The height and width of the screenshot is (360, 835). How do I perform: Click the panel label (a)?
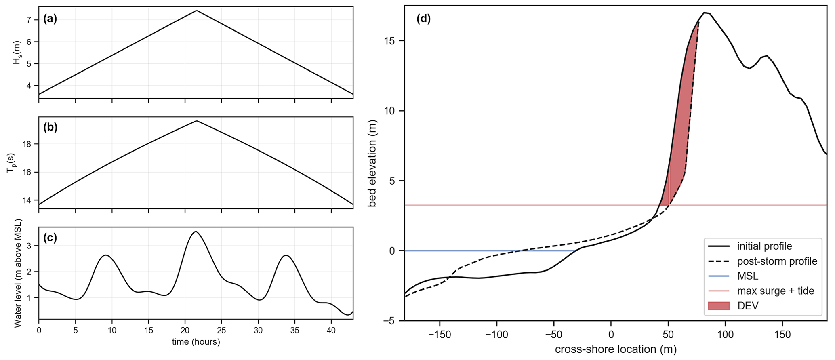(50, 19)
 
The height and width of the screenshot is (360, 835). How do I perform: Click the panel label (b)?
(50, 127)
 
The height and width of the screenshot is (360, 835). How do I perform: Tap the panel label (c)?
(50, 238)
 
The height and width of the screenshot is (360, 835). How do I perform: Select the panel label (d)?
(423, 19)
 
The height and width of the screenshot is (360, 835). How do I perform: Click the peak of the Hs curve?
(196, 11)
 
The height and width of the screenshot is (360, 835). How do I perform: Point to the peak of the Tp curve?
(196, 121)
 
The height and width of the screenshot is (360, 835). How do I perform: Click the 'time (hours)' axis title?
(196, 342)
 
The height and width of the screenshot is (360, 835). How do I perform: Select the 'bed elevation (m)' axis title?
(372, 163)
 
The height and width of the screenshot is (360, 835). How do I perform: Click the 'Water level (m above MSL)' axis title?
(18, 274)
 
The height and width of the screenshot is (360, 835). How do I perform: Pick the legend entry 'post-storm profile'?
(777, 261)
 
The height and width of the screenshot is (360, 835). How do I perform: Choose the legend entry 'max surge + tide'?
(775, 291)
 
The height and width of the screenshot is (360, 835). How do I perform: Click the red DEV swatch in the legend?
(719, 306)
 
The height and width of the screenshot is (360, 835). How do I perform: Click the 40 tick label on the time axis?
(331, 330)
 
